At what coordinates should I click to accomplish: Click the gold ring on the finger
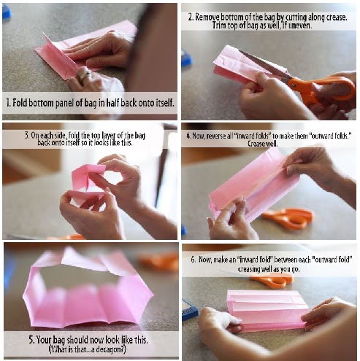pyautogui.click(x=85, y=75)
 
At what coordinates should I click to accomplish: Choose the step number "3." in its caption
pyautogui.click(x=27, y=136)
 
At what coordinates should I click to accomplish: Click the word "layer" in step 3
pyautogui.click(x=109, y=136)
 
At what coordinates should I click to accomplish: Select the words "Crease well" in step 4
pyautogui.click(x=262, y=144)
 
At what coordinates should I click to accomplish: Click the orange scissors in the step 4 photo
pyautogui.click(x=288, y=217)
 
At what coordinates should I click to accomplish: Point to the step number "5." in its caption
pyautogui.click(x=32, y=339)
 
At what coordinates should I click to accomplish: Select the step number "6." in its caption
pyautogui.click(x=194, y=260)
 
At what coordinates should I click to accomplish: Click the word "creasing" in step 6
pyautogui.click(x=249, y=269)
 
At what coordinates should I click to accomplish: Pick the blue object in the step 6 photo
pyautogui.click(x=190, y=309)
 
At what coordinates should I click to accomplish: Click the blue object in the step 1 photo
pyautogui.click(x=7, y=12)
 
